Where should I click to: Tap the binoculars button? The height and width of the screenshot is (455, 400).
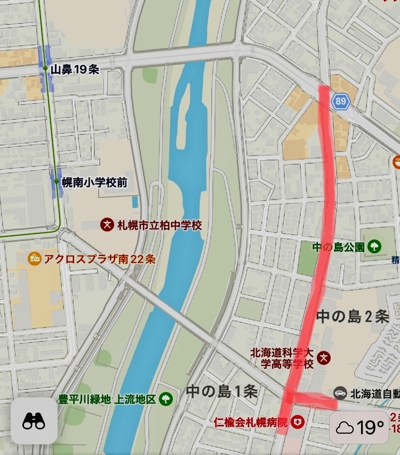[x=34, y=421]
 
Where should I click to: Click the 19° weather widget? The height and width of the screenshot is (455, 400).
[x=359, y=427]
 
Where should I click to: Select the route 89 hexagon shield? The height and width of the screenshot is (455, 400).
[x=340, y=100]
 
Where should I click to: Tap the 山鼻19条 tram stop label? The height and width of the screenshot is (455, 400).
[x=75, y=69]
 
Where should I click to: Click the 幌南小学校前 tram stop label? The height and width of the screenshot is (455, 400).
[x=94, y=182]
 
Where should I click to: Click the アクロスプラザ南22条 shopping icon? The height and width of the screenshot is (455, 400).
[x=35, y=259]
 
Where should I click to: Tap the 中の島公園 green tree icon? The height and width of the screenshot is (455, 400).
[x=375, y=246]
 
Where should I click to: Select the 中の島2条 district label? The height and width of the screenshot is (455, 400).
[x=353, y=316]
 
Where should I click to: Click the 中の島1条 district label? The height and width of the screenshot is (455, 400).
[x=222, y=392]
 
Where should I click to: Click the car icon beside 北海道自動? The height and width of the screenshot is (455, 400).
[x=340, y=394]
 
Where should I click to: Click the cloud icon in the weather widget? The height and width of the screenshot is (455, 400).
[x=345, y=428]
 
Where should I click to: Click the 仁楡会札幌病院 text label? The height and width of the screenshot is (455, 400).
[x=251, y=422]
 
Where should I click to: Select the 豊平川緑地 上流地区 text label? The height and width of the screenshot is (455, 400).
[x=107, y=398]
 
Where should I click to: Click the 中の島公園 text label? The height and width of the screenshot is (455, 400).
[x=339, y=246]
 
